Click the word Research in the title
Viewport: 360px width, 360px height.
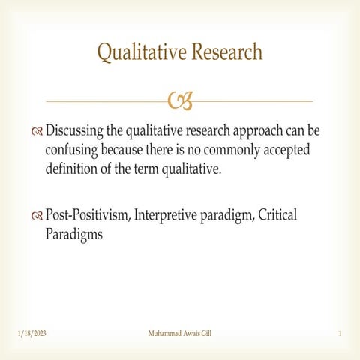pyautogui.click(x=226, y=52)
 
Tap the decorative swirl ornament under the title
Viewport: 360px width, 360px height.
pyautogui.click(x=180, y=100)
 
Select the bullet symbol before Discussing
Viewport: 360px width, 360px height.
pyautogui.click(x=37, y=132)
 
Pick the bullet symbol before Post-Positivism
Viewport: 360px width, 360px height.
pyautogui.click(x=37, y=216)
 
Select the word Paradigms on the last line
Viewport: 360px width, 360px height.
pyautogui.click(x=74, y=233)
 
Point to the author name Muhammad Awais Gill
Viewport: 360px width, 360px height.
pyautogui.click(x=180, y=332)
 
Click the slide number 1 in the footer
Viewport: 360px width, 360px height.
pyautogui.click(x=340, y=332)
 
